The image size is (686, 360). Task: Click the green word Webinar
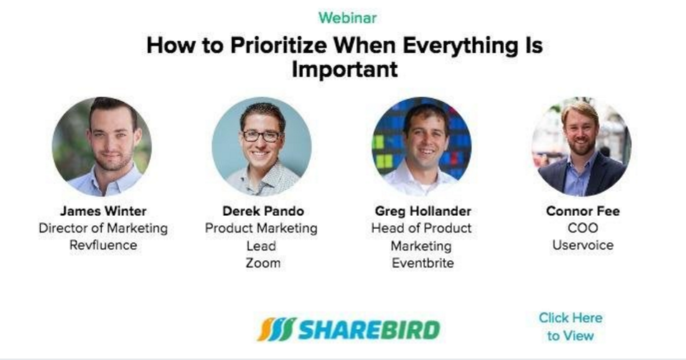[x=347, y=18]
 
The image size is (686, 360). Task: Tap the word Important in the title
[x=344, y=70]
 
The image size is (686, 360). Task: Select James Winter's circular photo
[x=102, y=146]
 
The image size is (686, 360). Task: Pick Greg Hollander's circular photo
[x=421, y=146]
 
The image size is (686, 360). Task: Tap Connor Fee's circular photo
[x=581, y=146]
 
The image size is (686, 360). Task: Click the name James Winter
[x=102, y=212]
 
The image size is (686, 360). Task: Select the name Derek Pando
[x=263, y=212]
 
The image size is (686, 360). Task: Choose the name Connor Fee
[x=583, y=212]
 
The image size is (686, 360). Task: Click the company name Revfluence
[x=103, y=246]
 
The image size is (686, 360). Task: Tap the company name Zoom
[x=263, y=263]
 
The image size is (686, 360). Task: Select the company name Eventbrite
[x=422, y=263]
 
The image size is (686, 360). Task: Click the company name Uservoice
[x=583, y=246]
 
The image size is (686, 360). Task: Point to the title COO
[x=583, y=229]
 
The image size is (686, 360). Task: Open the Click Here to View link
[x=570, y=326]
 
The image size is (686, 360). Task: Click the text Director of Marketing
[x=103, y=229]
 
